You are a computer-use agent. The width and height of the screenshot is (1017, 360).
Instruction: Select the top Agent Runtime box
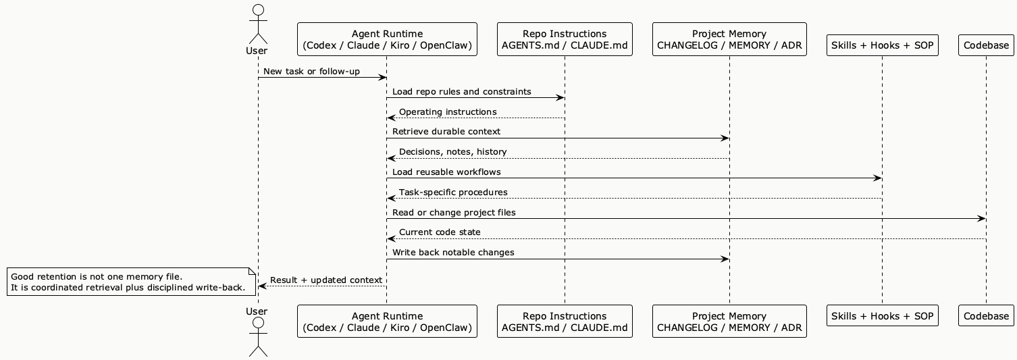click(x=387, y=39)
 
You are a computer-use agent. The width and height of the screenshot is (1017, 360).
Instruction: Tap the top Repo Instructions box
click(x=565, y=39)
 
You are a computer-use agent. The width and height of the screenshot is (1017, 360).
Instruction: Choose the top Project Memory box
click(x=729, y=39)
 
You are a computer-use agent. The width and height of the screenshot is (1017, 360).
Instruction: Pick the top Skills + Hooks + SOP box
click(x=882, y=45)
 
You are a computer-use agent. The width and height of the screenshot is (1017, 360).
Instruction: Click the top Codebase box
click(x=986, y=45)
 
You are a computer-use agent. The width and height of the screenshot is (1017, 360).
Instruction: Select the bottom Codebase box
click(x=986, y=315)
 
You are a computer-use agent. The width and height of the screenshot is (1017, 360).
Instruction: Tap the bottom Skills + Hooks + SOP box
click(x=882, y=315)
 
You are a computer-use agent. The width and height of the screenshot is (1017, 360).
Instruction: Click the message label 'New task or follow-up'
click(x=311, y=71)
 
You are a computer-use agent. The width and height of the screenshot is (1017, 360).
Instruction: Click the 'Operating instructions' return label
click(x=448, y=111)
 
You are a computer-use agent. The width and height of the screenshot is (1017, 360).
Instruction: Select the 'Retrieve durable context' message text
click(x=446, y=131)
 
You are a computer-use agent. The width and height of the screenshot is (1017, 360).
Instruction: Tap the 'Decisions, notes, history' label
click(x=452, y=151)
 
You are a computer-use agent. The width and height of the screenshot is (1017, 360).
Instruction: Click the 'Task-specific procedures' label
click(x=453, y=192)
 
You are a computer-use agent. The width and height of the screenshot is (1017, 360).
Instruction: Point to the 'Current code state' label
click(x=440, y=232)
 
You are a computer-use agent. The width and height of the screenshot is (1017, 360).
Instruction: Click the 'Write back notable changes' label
click(x=453, y=252)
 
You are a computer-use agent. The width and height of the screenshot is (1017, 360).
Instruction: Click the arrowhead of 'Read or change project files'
click(x=982, y=219)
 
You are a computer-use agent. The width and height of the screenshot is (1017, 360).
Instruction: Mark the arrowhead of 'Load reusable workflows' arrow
click(x=878, y=178)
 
